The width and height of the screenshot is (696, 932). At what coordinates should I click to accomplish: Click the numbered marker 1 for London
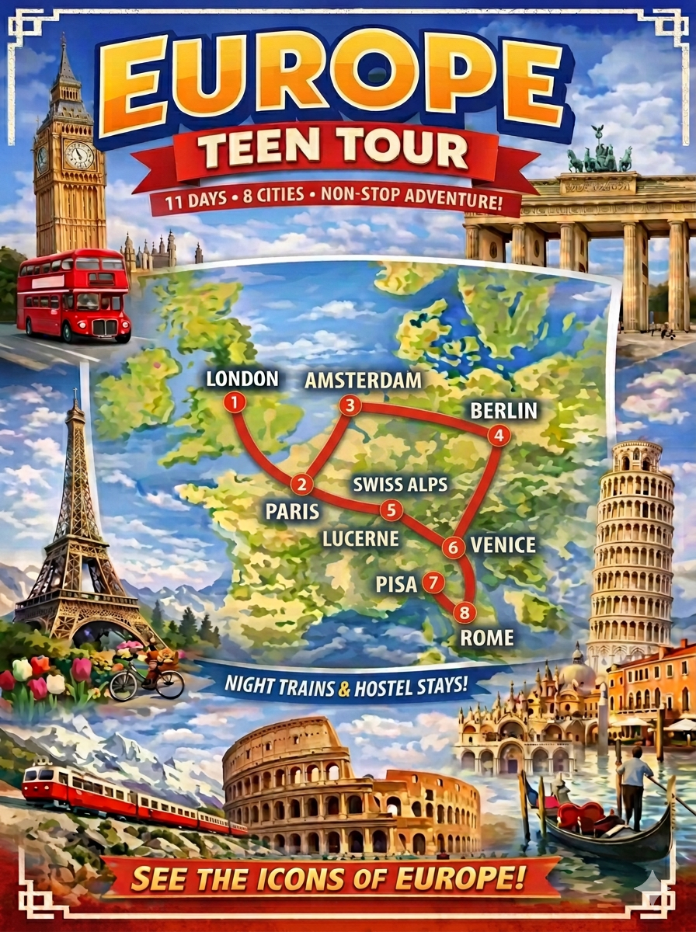point(234,402)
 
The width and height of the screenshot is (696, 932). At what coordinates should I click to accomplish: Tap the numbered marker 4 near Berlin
point(499,436)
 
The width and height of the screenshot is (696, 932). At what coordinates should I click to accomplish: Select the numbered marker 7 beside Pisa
point(433,581)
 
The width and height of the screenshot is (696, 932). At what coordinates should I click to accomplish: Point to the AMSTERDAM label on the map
point(364,381)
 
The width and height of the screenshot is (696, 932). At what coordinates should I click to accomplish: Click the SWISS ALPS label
point(400,484)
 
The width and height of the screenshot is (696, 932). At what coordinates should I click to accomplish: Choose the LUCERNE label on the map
point(362,538)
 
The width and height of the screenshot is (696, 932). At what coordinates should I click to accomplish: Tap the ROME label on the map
point(487,638)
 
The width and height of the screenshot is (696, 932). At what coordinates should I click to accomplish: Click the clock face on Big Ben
point(78,155)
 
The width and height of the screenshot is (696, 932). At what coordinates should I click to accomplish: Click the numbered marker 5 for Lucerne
point(391,510)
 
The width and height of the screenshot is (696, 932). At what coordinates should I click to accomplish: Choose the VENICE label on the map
point(503,544)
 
